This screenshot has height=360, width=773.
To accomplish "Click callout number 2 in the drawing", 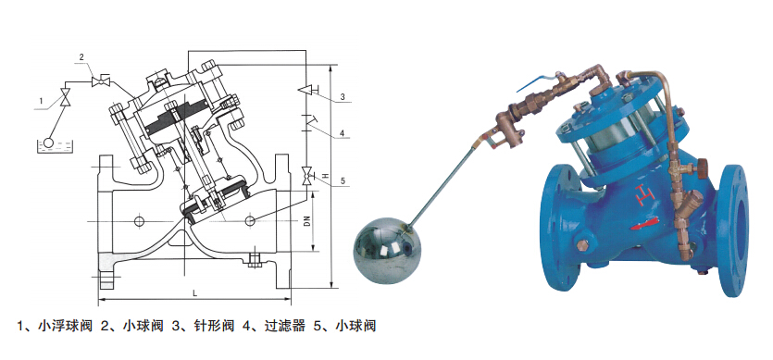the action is click(x=82, y=56).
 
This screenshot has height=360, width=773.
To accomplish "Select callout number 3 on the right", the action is click(x=343, y=96).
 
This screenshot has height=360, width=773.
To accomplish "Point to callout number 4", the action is click(x=342, y=132).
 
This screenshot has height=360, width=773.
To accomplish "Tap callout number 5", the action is click(x=342, y=181).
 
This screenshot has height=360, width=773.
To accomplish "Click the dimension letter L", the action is click(x=194, y=293).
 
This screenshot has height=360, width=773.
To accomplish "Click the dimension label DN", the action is click(x=306, y=222).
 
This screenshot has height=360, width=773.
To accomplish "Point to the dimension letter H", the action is click(x=325, y=175).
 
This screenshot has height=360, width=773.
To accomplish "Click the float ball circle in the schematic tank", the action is click(x=49, y=142).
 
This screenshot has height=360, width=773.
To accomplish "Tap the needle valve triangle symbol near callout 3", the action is click(x=307, y=90).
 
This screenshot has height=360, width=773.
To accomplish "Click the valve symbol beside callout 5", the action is click(x=307, y=176).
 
